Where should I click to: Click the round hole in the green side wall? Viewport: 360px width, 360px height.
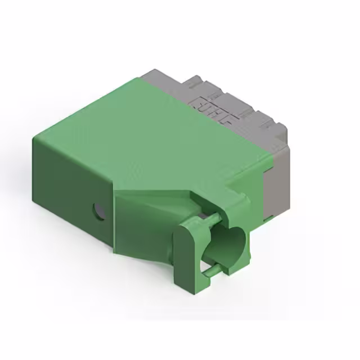pyautogui.click(x=98, y=211)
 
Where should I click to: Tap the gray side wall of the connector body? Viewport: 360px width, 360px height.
pyautogui.click(x=278, y=180)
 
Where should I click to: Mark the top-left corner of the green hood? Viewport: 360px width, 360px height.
pyautogui.click(x=35, y=138)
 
